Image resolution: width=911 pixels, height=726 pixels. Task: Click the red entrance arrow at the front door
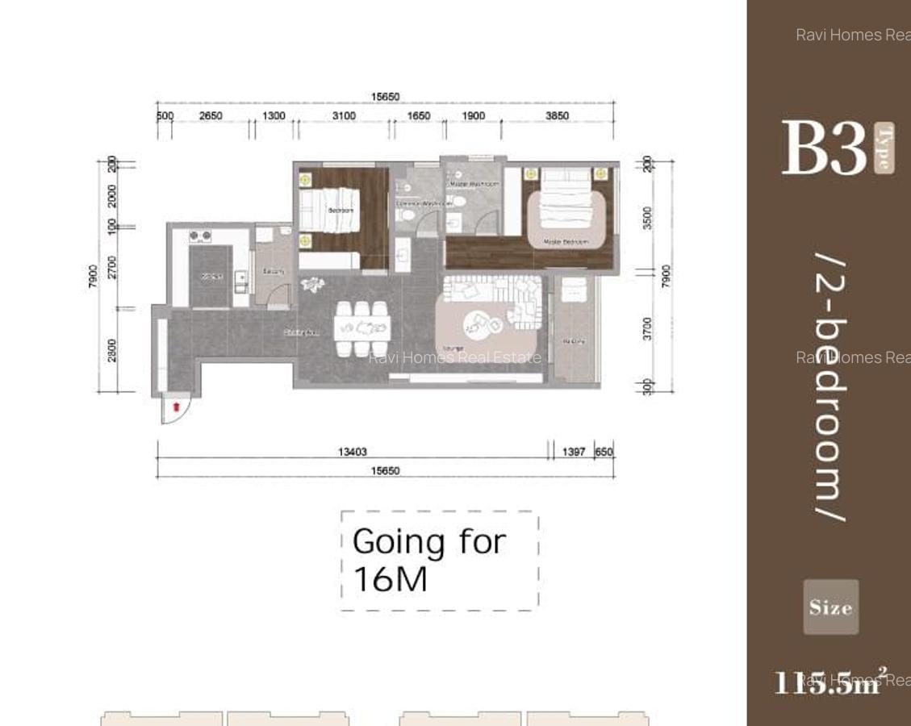(177, 407)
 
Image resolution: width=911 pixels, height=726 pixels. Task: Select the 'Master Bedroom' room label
(566, 242)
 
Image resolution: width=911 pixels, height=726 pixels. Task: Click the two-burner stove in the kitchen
(200, 236)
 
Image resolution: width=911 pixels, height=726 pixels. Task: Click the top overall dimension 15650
(385, 97)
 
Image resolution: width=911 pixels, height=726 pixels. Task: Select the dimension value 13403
(352, 452)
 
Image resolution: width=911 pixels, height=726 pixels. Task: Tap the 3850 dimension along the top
(557, 115)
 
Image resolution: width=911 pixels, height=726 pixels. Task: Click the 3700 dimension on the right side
(647, 328)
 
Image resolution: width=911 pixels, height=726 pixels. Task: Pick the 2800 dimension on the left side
(112, 349)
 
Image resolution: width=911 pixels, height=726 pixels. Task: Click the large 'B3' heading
(823, 148)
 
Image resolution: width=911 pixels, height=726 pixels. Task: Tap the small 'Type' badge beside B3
(884, 148)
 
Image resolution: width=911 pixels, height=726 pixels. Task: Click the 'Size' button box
(830, 607)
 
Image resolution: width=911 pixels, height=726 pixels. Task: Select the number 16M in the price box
(390, 579)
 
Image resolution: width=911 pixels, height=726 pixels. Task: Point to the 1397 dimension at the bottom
(573, 452)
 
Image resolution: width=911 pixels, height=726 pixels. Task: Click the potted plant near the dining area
(311, 284)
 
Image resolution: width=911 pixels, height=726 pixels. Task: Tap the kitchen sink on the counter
(240, 279)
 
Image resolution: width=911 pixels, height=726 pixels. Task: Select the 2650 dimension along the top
(211, 115)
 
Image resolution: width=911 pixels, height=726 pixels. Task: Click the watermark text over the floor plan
(454, 357)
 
